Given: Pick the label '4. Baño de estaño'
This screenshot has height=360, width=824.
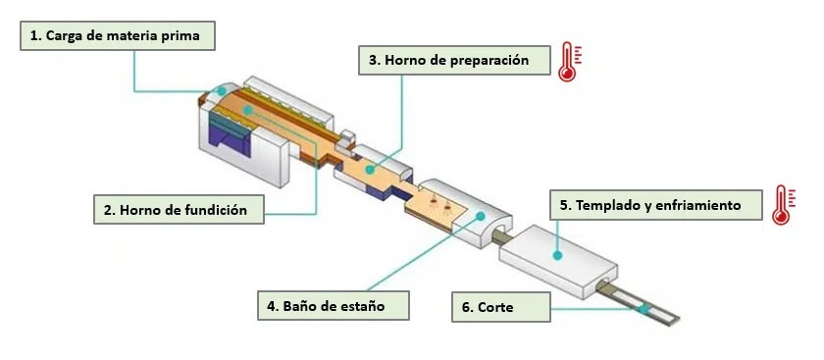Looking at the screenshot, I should [x=335, y=306].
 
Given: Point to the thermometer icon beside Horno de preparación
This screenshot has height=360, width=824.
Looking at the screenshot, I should [x=568, y=62].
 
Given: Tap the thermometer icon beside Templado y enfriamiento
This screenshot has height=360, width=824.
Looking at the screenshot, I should [x=781, y=205].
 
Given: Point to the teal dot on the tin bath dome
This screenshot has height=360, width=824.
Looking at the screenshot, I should [x=481, y=218].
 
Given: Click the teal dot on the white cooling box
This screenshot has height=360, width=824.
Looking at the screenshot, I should [x=556, y=255].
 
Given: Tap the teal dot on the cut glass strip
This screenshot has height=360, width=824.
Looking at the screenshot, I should [x=643, y=308].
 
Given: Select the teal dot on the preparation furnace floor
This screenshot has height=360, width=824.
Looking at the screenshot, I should [x=370, y=170].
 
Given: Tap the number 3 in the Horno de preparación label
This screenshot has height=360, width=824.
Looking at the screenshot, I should [x=374, y=61].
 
